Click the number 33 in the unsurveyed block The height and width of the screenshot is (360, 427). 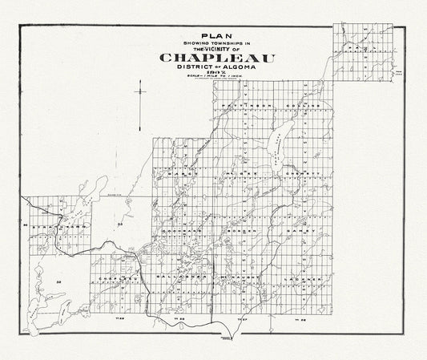(120, 224)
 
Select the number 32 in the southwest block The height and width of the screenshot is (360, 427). (59, 283)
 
